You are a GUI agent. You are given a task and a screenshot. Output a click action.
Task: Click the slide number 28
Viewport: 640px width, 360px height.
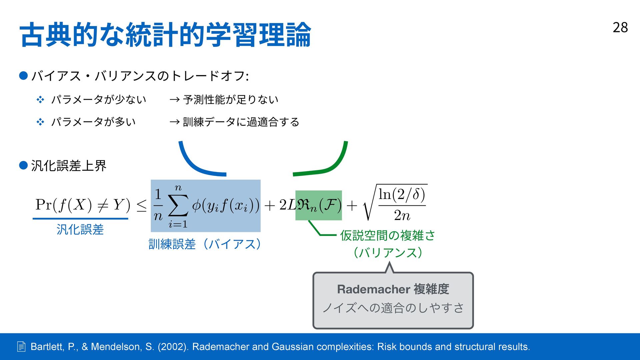click(x=620, y=28)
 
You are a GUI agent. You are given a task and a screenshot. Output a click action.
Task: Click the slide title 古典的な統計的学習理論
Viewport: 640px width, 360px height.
click(x=165, y=35)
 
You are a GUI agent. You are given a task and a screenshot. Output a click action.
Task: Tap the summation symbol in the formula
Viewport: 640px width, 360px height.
click(x=178, y=206)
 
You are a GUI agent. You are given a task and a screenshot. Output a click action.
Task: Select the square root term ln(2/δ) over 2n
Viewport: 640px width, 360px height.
click(x=397, y=203)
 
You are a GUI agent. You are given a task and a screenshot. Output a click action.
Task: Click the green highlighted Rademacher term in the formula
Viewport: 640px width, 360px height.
click(x=318, y=205)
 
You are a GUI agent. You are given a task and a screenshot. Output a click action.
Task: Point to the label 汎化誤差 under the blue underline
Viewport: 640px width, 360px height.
click(x=80, y=230)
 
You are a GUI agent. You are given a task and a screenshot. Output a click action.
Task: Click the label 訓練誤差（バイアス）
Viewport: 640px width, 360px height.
click(x=205, y=244)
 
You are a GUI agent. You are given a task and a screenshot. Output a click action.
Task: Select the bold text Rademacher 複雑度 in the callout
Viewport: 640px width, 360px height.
click(x=393, y=289)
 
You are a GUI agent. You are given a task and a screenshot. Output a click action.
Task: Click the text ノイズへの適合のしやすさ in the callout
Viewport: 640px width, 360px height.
click(x=393, y=308)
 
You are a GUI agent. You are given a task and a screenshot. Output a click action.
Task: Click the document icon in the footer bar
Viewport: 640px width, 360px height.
click(x=21, y=347)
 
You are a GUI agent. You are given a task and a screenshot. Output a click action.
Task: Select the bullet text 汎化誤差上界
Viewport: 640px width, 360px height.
click(x=69, y=166)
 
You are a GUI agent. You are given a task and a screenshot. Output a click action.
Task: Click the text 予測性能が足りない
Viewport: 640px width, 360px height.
click(x=231, y=100)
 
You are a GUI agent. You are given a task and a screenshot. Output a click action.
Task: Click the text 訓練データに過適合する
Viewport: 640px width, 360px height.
click(x=241, y=122)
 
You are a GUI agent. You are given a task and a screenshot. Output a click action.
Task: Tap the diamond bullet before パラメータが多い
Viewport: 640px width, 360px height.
click(x=40, y=122)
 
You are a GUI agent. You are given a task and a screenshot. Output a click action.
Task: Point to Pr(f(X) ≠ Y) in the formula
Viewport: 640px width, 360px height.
click(x=83, y=205)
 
